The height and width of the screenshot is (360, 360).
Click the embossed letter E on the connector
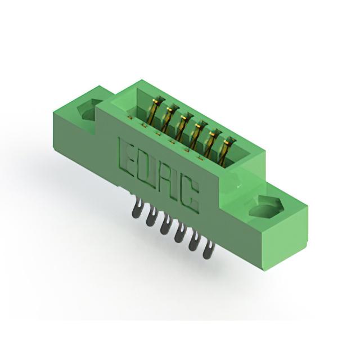pos(125,156)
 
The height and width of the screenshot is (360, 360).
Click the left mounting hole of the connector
pos(88,110)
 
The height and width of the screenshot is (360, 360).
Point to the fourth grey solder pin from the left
pos(179,232)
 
